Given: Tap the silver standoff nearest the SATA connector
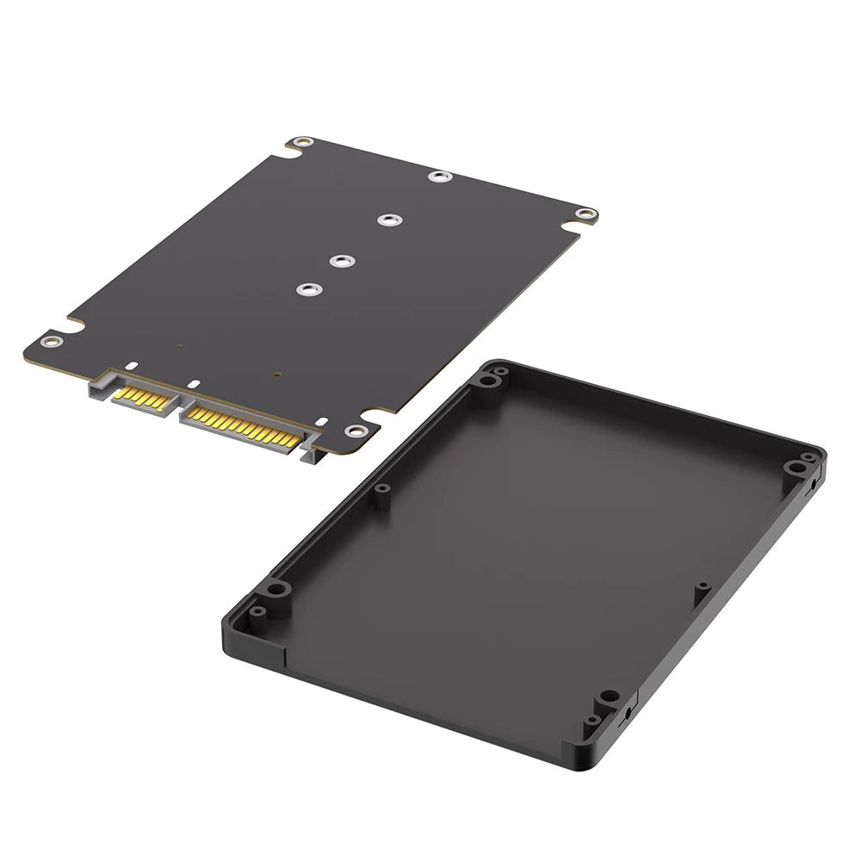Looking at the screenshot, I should (x=306, y=290).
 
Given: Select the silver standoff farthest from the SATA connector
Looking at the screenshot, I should (x=440, y=177).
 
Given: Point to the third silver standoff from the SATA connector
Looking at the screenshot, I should (x=387, y=220).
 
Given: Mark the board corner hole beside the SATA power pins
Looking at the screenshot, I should (x=353, y=430).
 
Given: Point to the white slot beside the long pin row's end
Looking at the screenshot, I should (x=320, y=422).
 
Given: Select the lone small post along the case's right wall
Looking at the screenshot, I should (x=702, y=586).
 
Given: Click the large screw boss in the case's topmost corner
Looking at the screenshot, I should (x=488, y=380).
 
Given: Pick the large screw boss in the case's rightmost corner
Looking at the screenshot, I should (x=793, y=468).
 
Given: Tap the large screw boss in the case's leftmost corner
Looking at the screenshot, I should (x=276, y=589).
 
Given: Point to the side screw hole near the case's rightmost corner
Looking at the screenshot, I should (x=813, y=486).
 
